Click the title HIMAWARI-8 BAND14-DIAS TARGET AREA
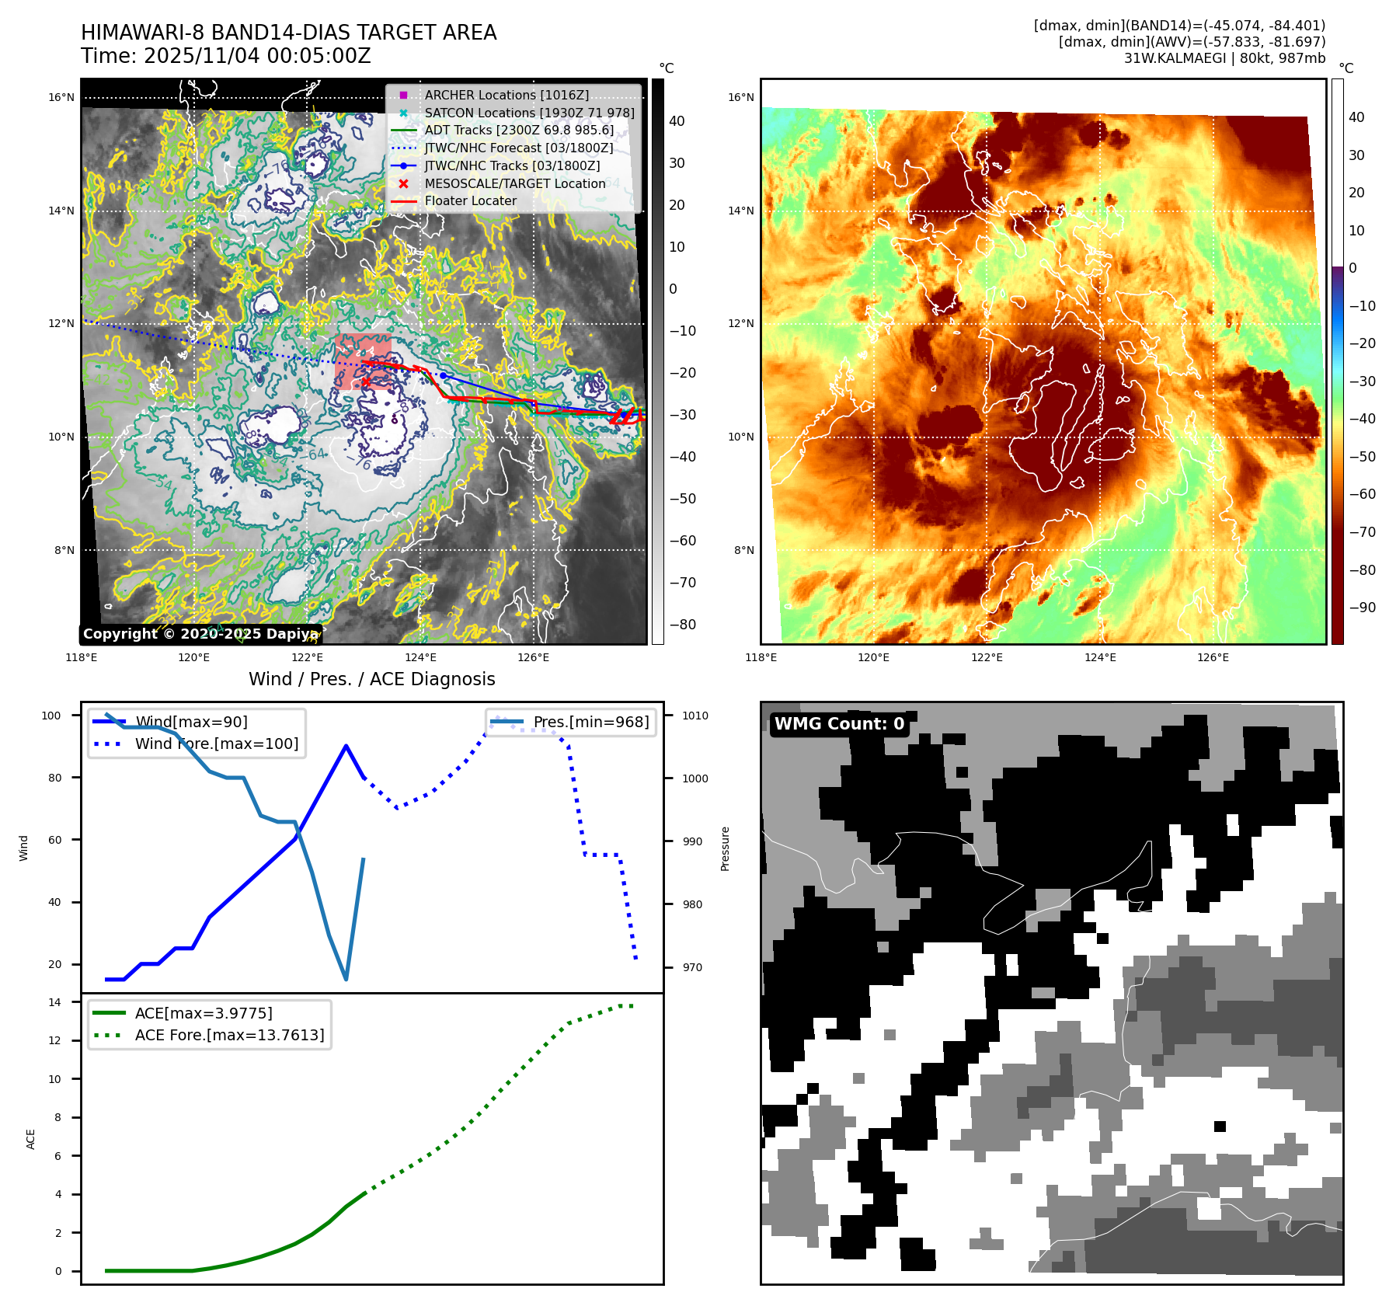288,33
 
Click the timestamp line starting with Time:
225,56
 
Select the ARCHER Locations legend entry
506,95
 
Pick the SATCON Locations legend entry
529,113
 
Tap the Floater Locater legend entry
470,200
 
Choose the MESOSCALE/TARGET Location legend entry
514,183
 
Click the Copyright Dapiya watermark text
200,634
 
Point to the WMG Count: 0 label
839,724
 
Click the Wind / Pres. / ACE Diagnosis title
371,679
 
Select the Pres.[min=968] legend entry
590,722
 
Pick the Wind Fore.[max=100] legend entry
216,744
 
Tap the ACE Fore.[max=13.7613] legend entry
229,1035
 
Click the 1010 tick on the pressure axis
695,716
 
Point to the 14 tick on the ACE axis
54,1002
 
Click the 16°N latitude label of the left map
61,98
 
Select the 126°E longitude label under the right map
1213,657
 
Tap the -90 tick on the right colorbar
1362,608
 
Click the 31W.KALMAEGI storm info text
1224,58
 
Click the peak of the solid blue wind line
346,746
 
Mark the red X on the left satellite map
366,381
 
